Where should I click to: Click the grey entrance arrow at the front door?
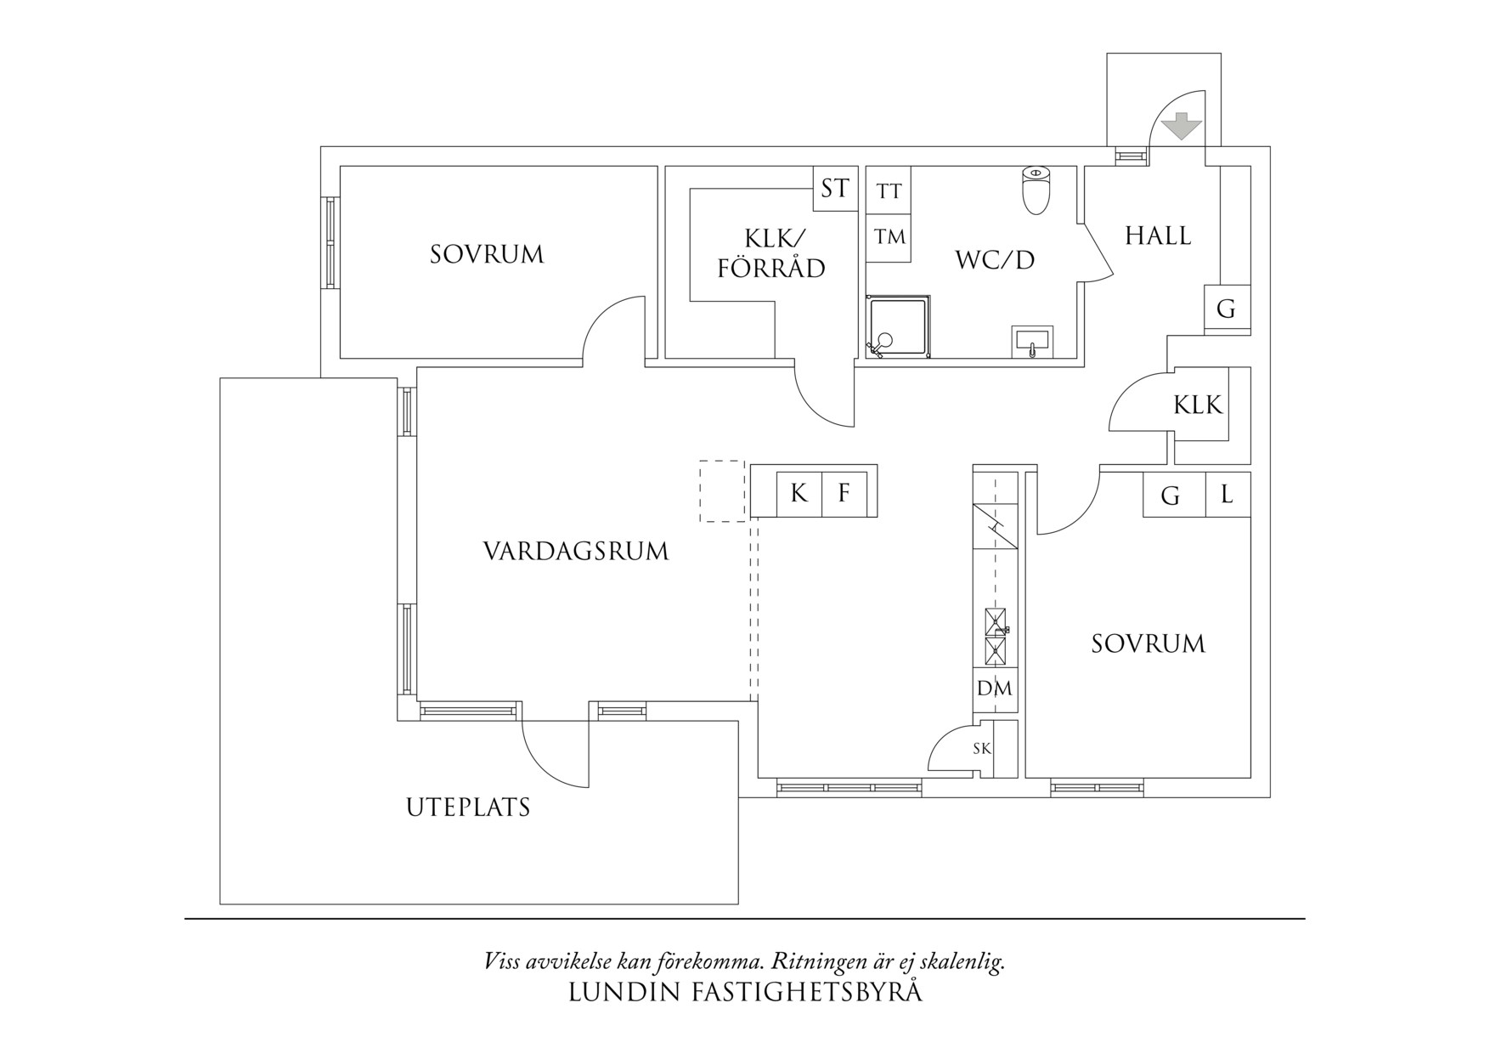click(1182, 127)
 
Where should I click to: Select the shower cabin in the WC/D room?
click(897, 326)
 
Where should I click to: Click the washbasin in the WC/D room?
click(1032, 342)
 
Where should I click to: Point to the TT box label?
click(889, 191)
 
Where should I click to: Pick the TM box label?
click(889, 237)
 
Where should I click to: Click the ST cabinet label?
click(834, 188)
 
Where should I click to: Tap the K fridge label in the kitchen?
click(799, 493)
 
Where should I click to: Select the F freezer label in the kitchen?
click(844, 493)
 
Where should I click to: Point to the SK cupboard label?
click(981, 749)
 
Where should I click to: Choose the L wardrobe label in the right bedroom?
click(1227, 494)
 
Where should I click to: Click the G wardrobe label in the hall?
click(1226, 309)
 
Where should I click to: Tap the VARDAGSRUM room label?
click(576, 552)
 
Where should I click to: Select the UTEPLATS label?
click(468, 807)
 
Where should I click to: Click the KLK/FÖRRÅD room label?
click(771, 253)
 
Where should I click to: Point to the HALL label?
click(1158, 235)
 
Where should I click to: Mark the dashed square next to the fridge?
click(722, 491)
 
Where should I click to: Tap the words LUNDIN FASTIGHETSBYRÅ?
click(745, 992)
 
